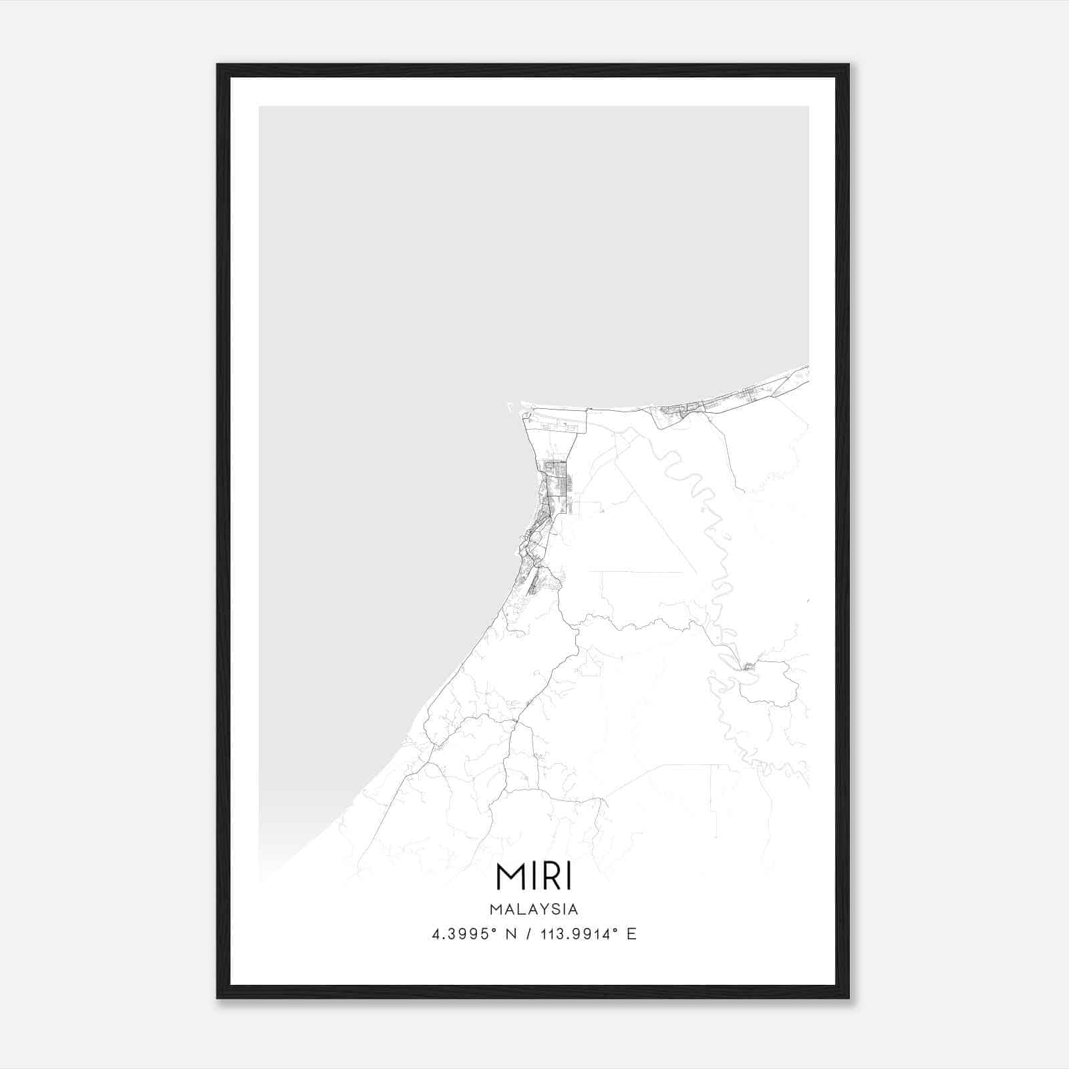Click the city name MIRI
(534, 877)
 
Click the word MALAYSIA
(534, 909)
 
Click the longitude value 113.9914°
(579, 934)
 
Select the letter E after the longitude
(631, 934)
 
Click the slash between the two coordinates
(530, 934)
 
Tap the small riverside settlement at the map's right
(748, 666)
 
